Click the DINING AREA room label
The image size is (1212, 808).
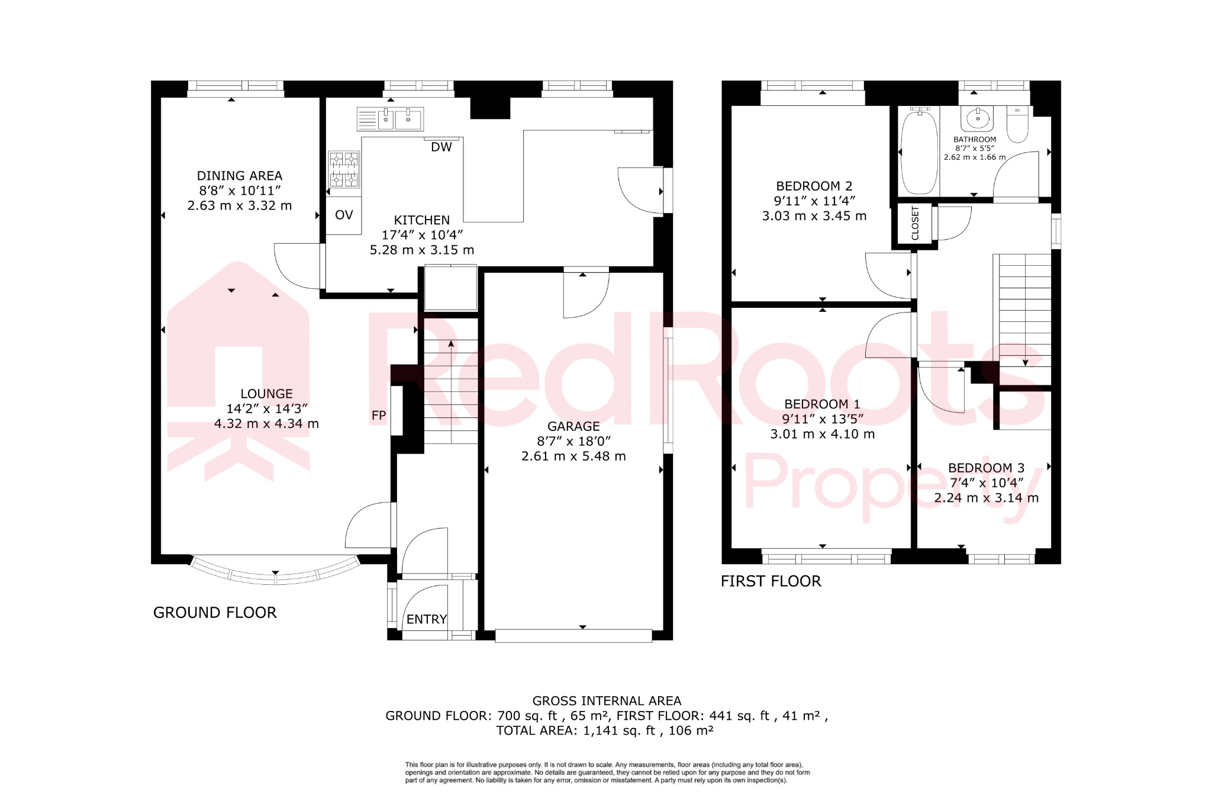point(239,176)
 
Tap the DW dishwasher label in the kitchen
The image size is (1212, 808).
point(441,147)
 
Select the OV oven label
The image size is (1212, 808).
point(344,215)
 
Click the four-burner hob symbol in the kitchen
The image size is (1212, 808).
point(344,169)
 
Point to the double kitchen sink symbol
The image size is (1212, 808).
point(391,119)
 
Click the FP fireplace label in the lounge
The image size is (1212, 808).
point(379,416)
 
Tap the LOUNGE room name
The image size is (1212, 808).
point(266,394)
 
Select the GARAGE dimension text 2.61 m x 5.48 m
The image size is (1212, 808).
point(573,456)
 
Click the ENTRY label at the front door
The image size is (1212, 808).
point(426,619)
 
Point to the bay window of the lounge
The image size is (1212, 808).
point(275,573)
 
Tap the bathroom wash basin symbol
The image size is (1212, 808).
point(977,119)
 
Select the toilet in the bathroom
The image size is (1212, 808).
point(1017,125)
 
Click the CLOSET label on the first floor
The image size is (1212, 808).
point(915,223)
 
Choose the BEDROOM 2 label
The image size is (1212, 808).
point(814,186)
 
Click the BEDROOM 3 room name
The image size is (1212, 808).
point(986,468)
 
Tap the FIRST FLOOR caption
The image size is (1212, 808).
point(771,581)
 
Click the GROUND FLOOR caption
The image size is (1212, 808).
point(215,613)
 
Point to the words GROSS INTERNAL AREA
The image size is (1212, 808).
point(607,701)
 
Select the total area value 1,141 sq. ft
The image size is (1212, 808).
point(619,730)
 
